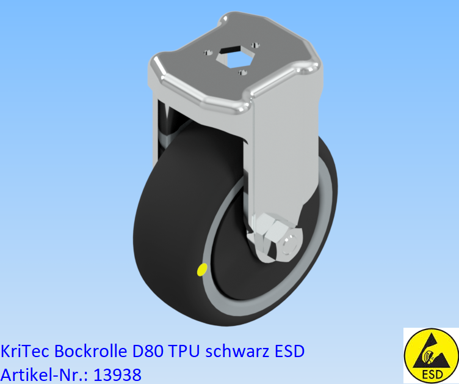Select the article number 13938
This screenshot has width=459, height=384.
point(118,374)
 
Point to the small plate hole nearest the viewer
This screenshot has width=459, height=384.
point(242,73)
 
